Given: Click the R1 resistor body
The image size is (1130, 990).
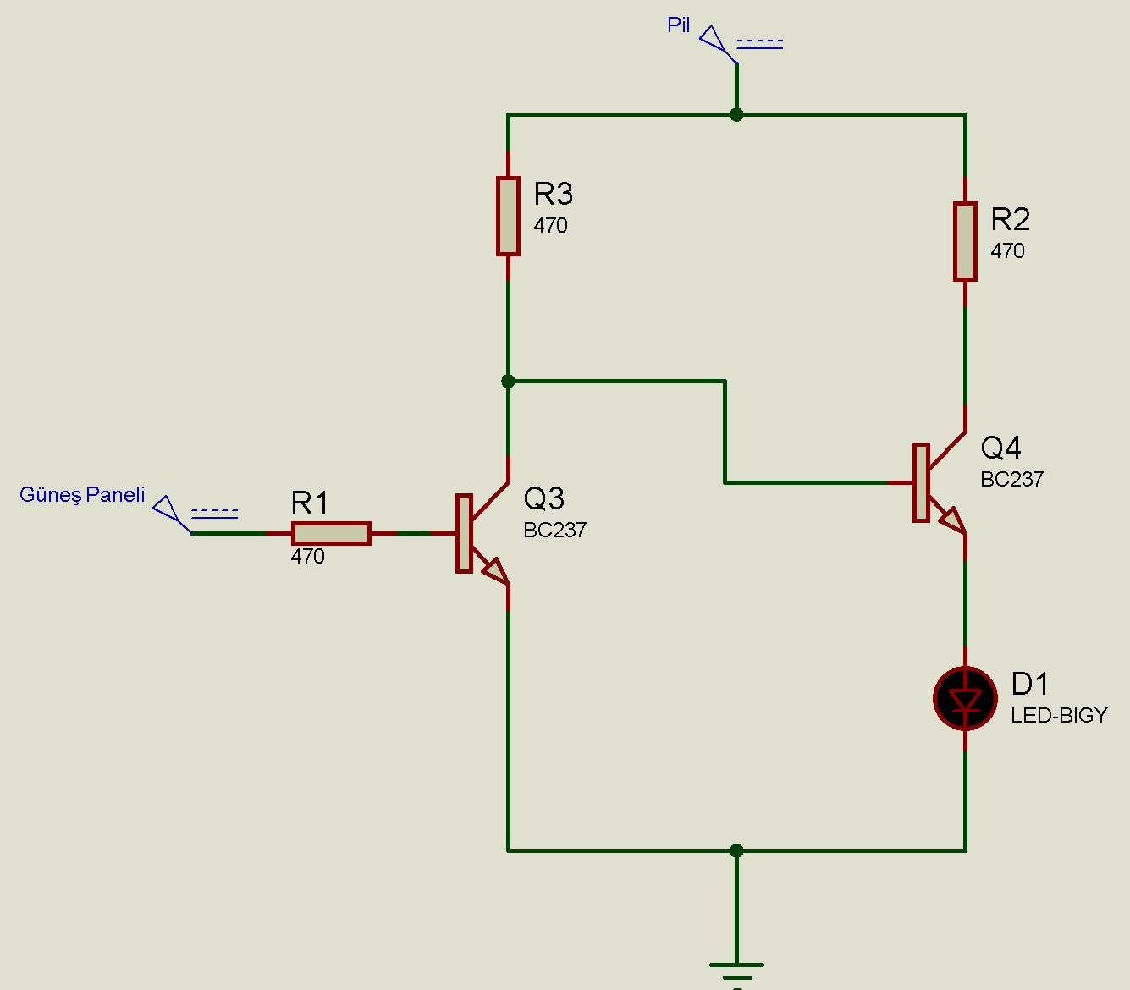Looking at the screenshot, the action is [331, 533].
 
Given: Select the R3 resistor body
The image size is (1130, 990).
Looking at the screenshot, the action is [508, 217].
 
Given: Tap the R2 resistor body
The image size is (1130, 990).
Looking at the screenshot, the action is [965, 241].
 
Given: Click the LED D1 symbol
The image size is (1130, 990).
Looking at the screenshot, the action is [965, 698].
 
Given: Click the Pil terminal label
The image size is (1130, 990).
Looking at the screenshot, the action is [678, 25].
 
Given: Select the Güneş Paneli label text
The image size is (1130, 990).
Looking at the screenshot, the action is [82, 495].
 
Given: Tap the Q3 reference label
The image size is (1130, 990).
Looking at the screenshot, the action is [543, 498].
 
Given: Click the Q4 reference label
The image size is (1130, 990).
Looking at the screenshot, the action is [1000, 448].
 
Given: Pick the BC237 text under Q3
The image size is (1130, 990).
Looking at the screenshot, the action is [554, 530].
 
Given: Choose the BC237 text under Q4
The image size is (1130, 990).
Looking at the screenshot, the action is [1011, 479].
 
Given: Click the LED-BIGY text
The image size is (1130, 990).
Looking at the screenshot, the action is [1059, 716].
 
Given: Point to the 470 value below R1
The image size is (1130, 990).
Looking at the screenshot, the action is [307, 556].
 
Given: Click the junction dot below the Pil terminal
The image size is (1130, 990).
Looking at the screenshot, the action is [736, 115].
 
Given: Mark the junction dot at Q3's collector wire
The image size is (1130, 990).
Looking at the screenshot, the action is [508, 382].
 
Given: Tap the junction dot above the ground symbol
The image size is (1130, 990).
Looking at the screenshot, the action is [736, 850].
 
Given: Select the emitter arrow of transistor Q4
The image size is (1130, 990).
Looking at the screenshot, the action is [953, 520].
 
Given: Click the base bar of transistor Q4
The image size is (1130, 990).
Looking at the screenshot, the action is [921, 483].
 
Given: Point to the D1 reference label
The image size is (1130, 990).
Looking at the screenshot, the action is [1029, 684].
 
